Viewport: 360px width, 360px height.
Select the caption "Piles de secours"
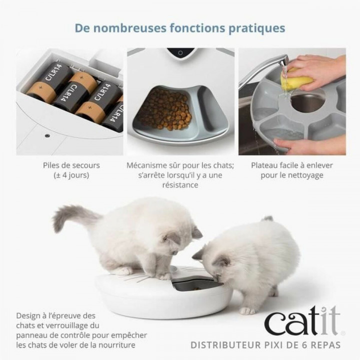pyautogui.click(x=71, y=165)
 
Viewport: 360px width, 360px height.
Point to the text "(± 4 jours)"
pyautogui.click(x=71, y=175)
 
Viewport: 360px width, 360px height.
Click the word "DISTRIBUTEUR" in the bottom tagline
pyautogui.click(x=225, y=344)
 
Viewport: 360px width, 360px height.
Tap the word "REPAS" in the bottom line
pyautogui.click(x=324, y=344)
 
